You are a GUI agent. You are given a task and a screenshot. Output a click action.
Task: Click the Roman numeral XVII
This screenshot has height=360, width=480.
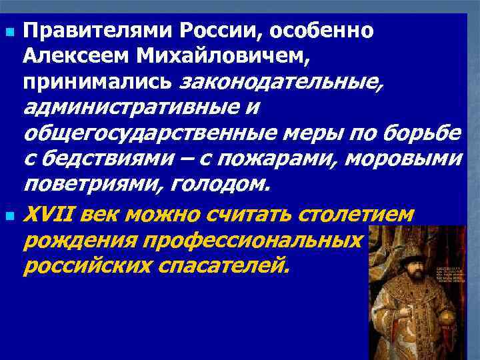tap(47, 215)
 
